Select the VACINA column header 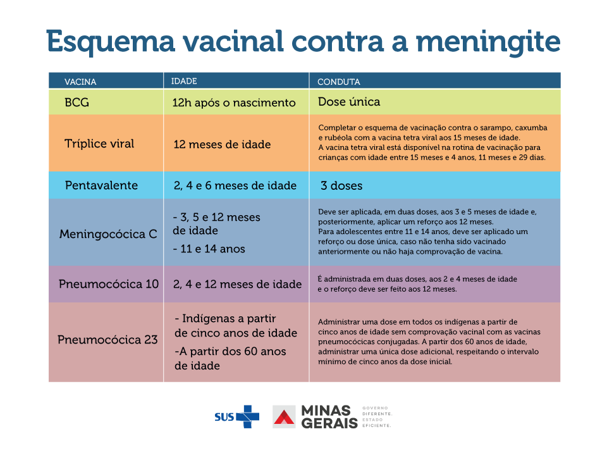[x=80, y=82]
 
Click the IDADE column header [x=184, y=81]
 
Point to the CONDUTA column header [x=338, y=82]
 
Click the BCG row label [x=77, y=102]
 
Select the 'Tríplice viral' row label [x=99, y=144]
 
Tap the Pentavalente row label [x=101, y=185]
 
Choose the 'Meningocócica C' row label [x=108, y=234]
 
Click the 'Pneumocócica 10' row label [x=109, y=284]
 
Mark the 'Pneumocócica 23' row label [x=107, y=340]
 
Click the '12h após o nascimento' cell [x=234, y=102]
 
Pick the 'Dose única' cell [x=349, y=102]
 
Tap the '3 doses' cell [x=341, y=186]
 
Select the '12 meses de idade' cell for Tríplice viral [x=222, y=144]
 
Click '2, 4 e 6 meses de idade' [x=235, y=185]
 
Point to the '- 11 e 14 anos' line [x=209, y=249]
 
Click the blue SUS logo [x=236, y=416]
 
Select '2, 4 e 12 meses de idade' [x=237, y=284]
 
